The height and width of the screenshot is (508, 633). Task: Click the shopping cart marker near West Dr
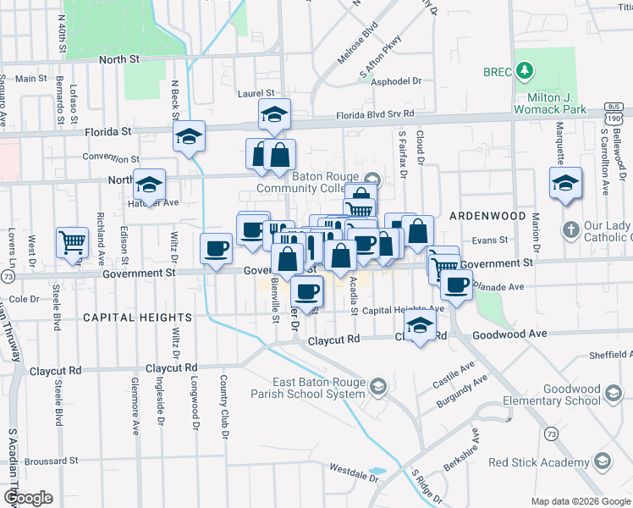tap(73, 243)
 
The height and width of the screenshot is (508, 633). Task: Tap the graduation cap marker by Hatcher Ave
tap(149, 187)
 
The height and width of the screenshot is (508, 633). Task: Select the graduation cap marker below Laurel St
tap(274, 114)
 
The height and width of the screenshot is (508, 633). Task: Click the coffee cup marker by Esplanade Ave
tap(457, 285)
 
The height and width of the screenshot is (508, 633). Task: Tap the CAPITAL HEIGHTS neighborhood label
tap(136, 317)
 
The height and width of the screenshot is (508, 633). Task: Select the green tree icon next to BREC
tap(525, 71)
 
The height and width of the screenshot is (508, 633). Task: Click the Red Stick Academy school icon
tap(602, 461)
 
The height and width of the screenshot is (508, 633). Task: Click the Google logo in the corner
tap(29, 498)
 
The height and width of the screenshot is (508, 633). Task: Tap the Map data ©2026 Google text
tap(581, 501)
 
